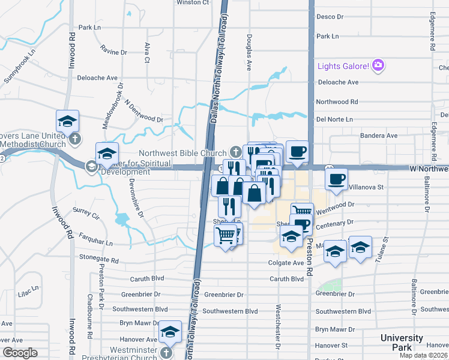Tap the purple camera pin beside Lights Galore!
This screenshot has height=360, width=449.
pos(378,65)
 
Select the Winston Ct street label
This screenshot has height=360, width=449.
pos(192,2)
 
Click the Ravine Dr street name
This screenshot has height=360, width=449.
pos(114,52)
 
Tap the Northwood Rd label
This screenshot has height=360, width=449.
pos(337,102)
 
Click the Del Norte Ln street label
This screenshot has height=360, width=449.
pos(334,119)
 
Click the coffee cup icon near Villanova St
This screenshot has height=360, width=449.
pos(336,179)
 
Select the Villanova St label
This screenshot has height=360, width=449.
pos(366,187)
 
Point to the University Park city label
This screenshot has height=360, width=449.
pos(402,343)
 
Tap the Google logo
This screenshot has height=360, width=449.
pos(20,353)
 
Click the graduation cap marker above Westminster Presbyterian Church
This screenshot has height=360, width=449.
pos(170,332)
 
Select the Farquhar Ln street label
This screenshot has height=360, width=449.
pos(92,244)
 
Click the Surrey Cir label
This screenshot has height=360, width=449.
pos(85,211)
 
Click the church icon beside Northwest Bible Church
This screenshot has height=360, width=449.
pos(238,152)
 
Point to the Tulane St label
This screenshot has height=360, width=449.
pos(385,247)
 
